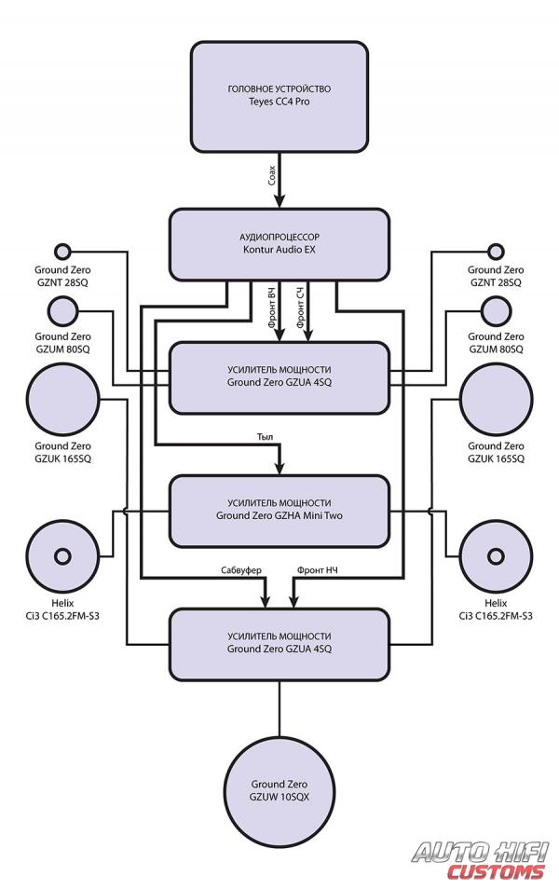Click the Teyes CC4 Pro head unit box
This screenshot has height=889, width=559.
coord(279,96)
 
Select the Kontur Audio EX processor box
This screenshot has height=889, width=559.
coord(279,244)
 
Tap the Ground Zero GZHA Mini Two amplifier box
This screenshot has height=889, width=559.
coord(279,510)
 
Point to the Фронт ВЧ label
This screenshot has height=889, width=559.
coord(271,308)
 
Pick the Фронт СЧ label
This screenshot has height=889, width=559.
coord(300,308)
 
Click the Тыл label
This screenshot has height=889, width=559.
coord(266,435)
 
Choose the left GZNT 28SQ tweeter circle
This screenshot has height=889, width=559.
coord(63,251)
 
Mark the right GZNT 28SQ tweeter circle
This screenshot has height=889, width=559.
coord(495,251)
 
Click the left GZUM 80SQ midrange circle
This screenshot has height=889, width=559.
coord(63,310)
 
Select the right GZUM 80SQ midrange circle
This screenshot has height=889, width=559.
coord(495,310)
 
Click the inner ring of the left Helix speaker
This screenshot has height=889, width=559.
coord(63,556)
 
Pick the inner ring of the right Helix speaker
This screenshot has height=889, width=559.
coord(495,556)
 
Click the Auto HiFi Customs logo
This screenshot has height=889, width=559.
coord(481,860)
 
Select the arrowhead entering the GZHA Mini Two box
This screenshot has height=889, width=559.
coord(279,469)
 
